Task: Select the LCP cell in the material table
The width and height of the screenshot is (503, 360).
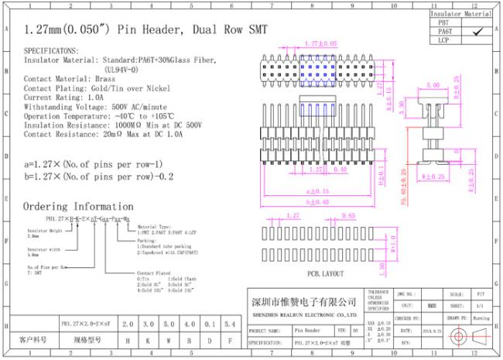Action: coord(443,39)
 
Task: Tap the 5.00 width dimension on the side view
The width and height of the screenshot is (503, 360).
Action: coord(432,85)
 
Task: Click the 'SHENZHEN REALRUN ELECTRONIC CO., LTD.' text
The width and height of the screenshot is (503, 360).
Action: coord(306,315)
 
